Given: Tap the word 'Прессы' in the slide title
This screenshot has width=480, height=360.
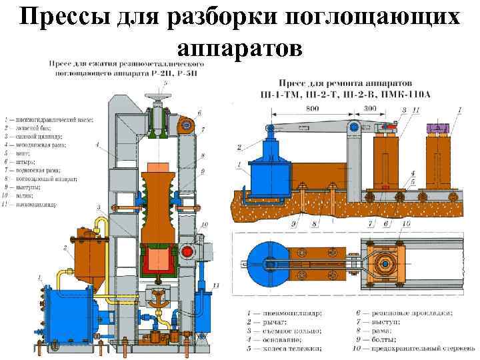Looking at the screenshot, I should [63, 17].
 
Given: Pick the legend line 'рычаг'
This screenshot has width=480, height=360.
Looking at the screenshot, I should [266, 321].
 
